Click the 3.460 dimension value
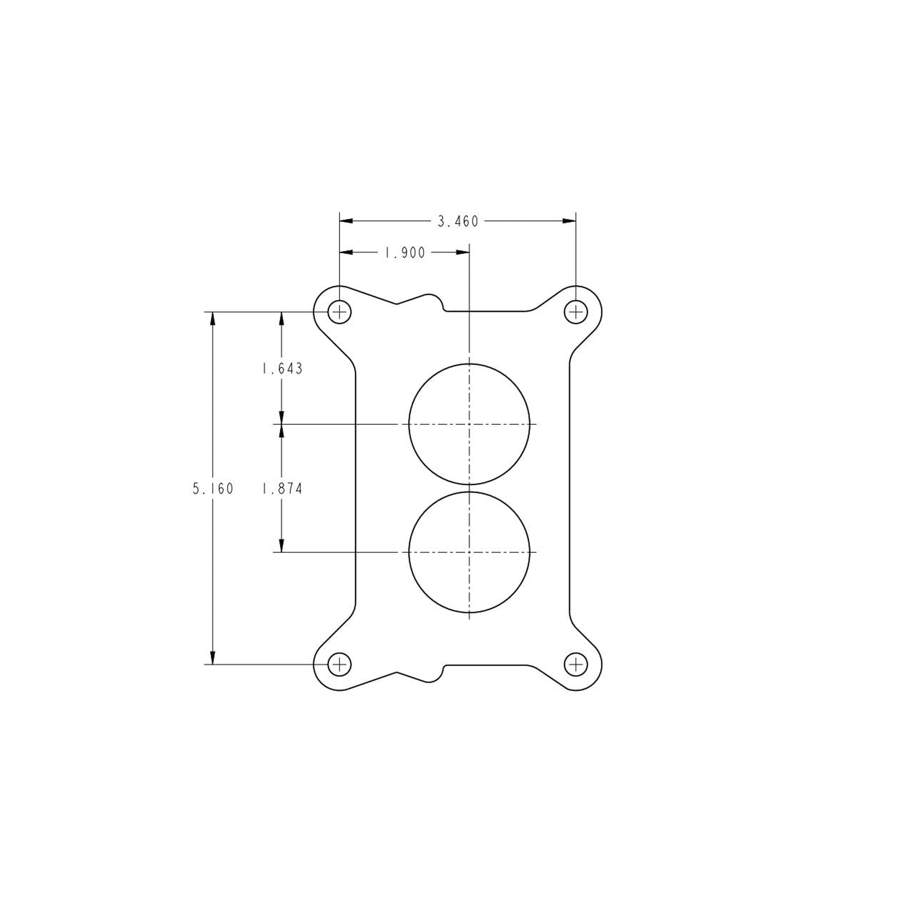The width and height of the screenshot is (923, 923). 458,222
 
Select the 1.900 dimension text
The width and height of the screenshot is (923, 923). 405,253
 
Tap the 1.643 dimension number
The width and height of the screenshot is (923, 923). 282,369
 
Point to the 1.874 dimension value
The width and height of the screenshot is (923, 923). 282,489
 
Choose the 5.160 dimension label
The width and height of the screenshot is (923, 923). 213,489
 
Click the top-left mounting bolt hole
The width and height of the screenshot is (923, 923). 339,312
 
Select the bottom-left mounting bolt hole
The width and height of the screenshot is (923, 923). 339,665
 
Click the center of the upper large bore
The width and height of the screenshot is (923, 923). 469,424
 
